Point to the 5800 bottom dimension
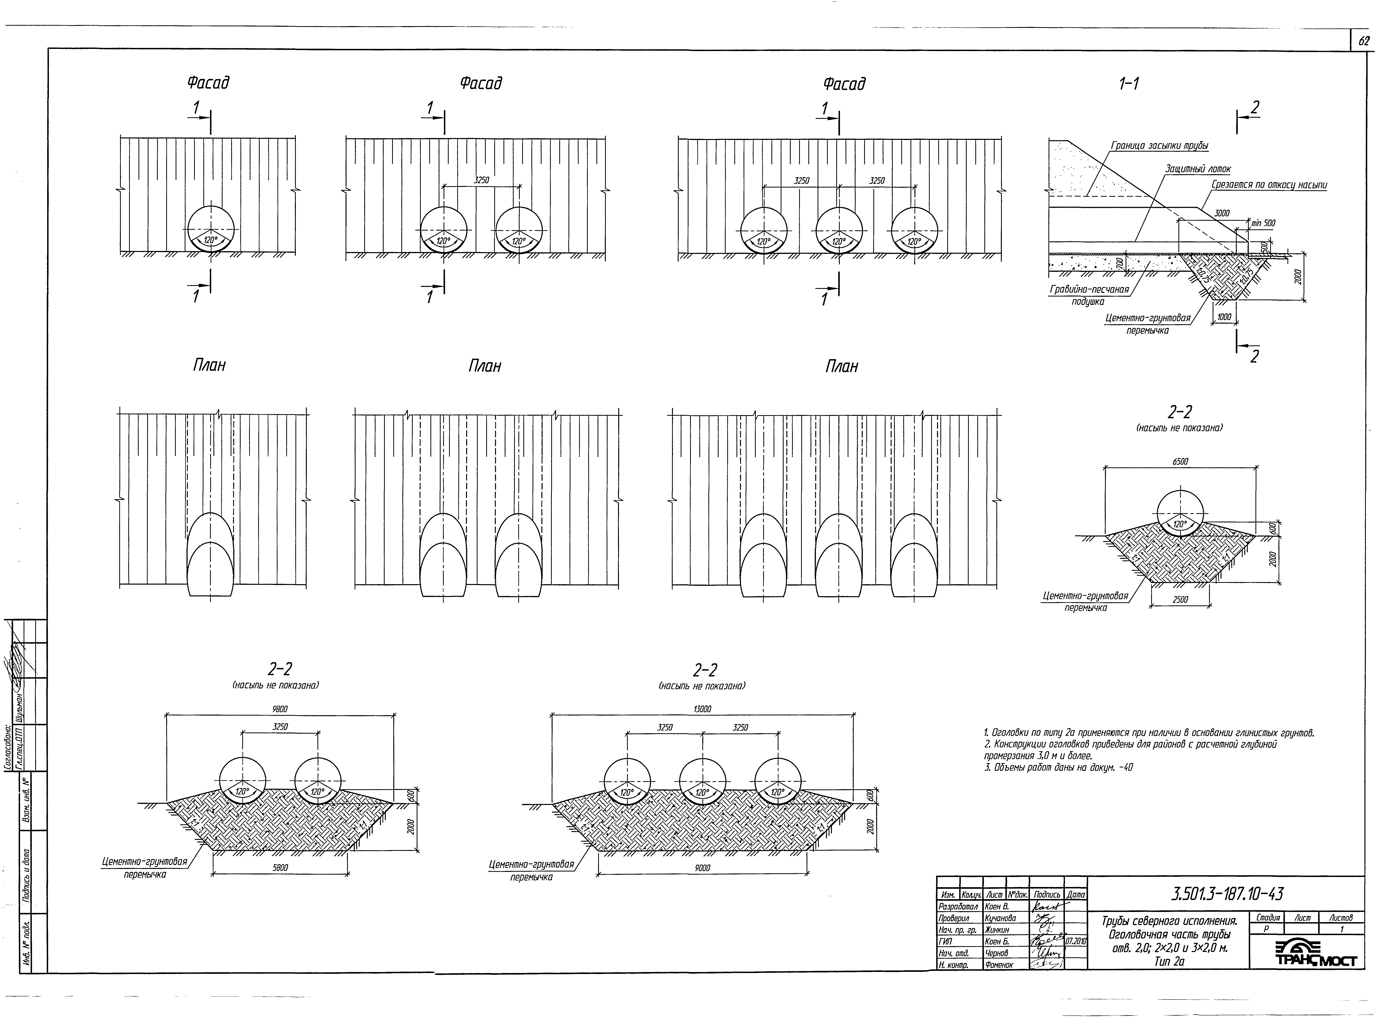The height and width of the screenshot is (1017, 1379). pos(280,868)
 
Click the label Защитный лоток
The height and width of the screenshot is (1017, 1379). pos(1198,169)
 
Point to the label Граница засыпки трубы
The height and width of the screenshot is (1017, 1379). pos(1159,146)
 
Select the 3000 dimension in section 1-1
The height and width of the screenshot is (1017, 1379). pos(1221,214)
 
